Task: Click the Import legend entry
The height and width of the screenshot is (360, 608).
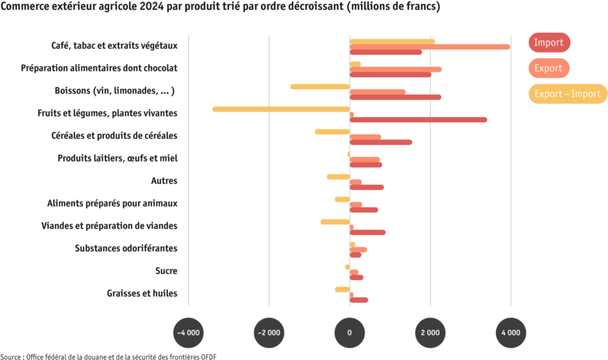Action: [x=549, y=43]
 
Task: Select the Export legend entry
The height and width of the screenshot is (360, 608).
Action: [x=548, y=68]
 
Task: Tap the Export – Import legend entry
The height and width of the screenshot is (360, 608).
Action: [x=567, y=94]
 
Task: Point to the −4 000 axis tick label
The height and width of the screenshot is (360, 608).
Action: [x=188, y=332]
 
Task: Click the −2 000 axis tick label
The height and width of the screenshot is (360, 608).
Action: [x=269, y=332]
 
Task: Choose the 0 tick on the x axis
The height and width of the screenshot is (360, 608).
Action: [x=350, y=332]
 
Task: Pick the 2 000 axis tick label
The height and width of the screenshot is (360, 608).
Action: [x=430, y=332]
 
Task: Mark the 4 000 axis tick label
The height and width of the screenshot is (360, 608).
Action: [x=511, y=332]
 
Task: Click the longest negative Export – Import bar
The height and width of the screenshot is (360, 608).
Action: [x=281, y=109]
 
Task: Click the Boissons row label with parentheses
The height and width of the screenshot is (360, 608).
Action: [x=115, y=91]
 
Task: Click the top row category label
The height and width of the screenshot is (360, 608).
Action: [x=114, y=45]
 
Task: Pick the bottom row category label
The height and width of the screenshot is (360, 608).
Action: [x=142, y=294]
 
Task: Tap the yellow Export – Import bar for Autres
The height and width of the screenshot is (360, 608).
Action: [x=337, y=177]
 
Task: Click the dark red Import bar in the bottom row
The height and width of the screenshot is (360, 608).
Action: [x=359, y=300]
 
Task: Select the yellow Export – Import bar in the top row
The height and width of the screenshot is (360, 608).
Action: [x=393, y=41]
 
